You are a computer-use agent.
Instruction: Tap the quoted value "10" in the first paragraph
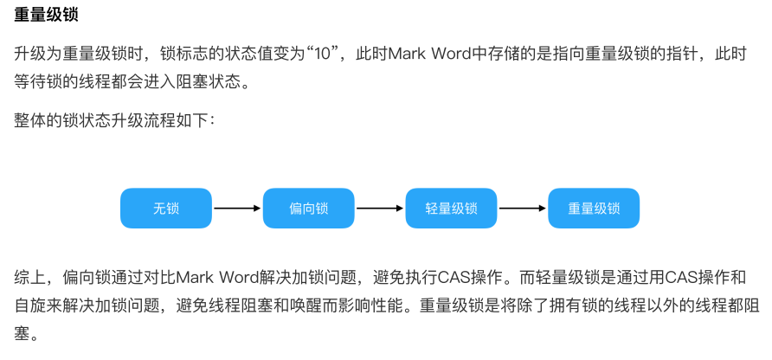coord(329,55)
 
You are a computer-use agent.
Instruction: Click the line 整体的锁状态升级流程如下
coord(113,119)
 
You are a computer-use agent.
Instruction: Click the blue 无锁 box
coord(165,208)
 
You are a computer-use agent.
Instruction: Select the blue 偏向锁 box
coord(308,208)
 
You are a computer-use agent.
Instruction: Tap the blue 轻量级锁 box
coord(451,208)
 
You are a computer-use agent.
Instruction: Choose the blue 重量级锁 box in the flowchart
coord(594,208)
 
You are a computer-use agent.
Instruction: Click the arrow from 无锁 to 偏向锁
coord(236,208)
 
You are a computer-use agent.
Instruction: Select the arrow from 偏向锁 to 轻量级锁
coord(380,208)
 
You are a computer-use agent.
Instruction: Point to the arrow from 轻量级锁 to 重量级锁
coord(523,208)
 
